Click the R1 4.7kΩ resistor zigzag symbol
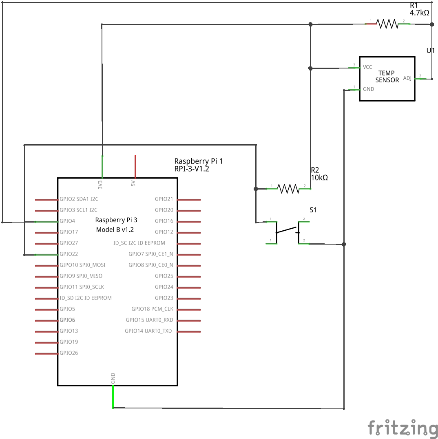point(387,24)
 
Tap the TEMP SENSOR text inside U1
point(387,77)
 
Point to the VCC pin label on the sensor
point(367,67)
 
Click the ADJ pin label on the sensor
point(407,78)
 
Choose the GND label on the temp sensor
point(368,89)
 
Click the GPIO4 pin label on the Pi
point(68,221)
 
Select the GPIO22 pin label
point(69,254)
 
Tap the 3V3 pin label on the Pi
point(100,185)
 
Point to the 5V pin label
point(133,184)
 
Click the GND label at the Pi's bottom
point(113,378)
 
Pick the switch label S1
point(313,210)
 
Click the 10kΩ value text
point(319,178)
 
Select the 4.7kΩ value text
point(419,13)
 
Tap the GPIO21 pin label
point(164,199)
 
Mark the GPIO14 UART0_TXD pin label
point(149,331)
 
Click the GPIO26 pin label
point(69,353)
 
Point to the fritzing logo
point(403,428)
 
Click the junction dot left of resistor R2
point(256,189)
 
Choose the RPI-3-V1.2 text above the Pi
point(192,169)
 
